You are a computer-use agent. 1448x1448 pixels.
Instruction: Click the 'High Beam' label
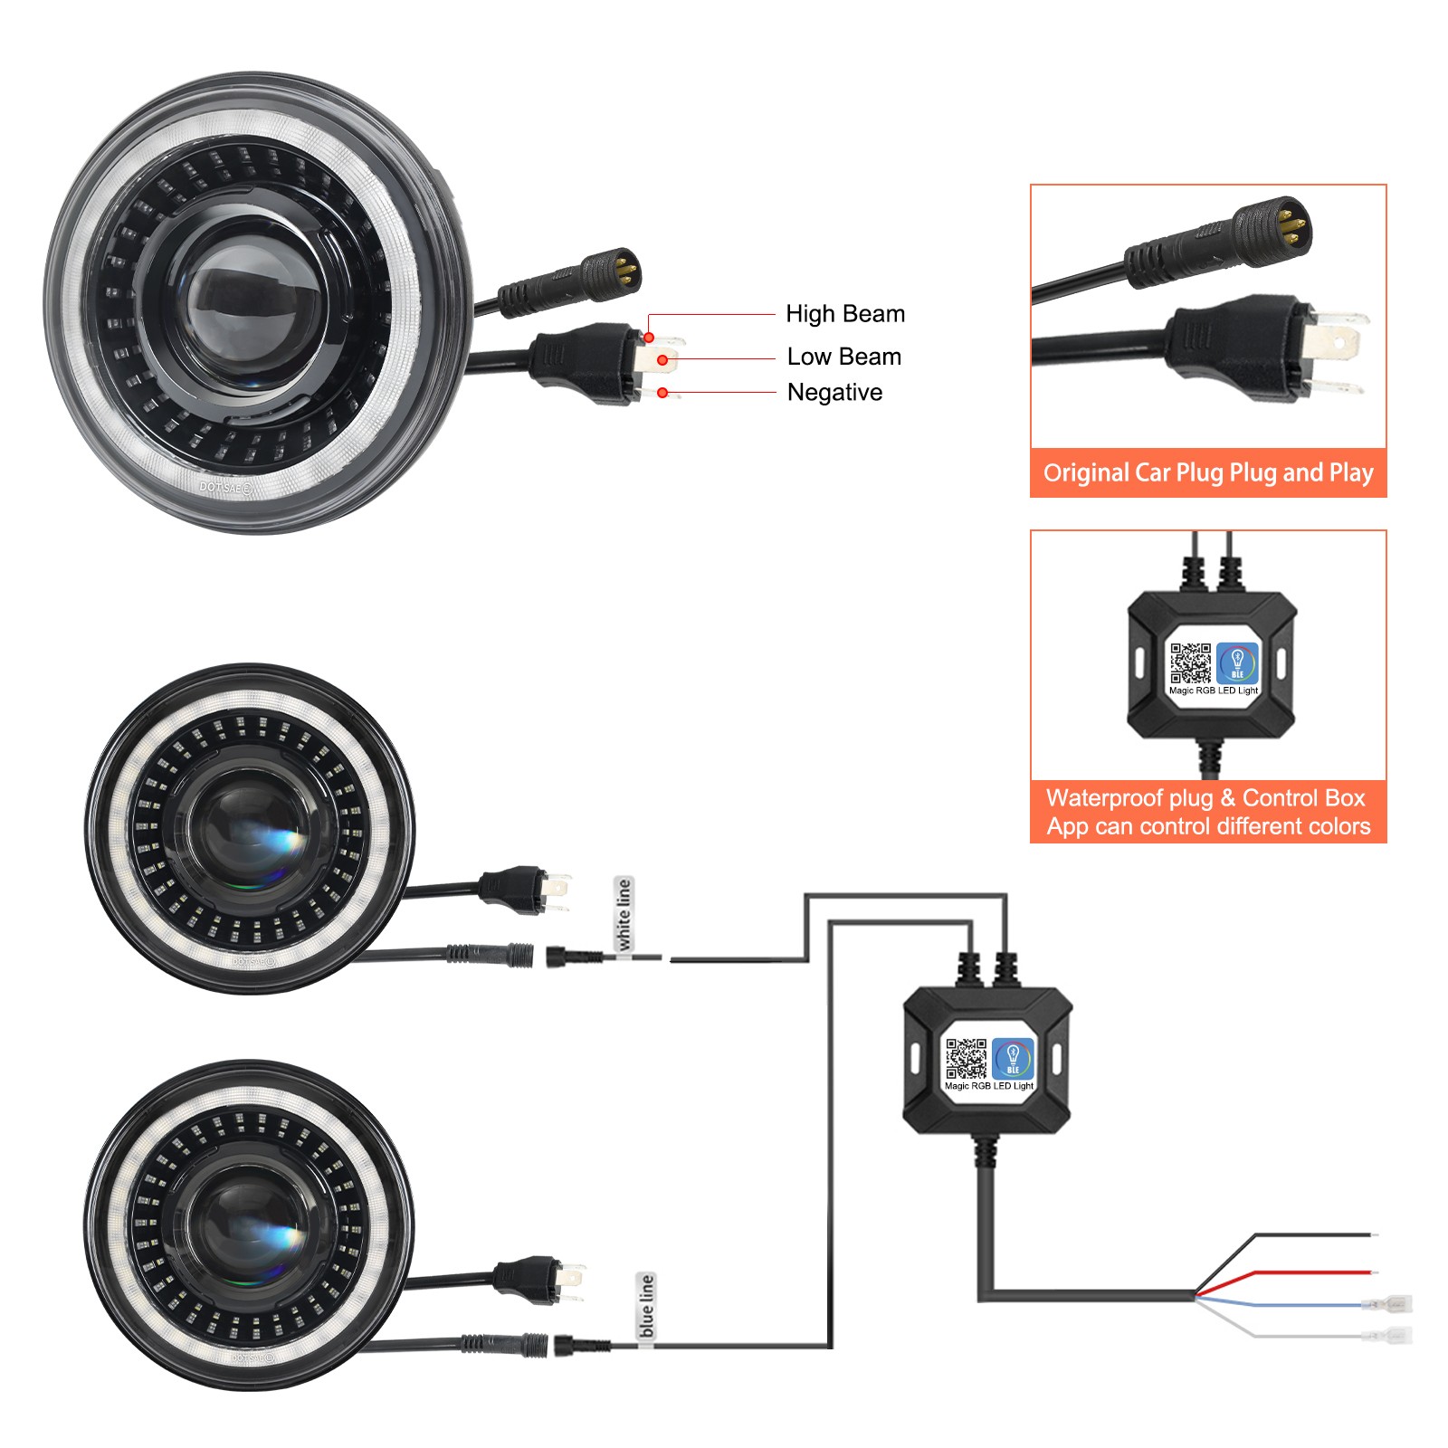844,314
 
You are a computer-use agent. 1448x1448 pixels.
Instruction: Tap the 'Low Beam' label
843,357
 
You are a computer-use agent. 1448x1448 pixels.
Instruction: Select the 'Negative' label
834,392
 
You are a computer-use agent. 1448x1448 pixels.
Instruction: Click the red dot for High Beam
649,338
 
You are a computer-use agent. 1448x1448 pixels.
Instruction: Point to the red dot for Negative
662,393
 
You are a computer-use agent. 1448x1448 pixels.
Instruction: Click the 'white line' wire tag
624,914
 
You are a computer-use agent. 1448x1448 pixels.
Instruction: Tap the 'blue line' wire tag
646,1306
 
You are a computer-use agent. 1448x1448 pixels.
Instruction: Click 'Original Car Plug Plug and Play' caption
1208,472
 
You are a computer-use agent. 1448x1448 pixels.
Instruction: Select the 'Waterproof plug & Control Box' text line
1205,797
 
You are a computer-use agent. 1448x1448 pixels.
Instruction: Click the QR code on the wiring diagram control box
967,1058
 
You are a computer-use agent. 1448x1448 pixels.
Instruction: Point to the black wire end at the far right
1372,1234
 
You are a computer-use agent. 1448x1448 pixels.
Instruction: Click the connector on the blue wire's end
1388,1305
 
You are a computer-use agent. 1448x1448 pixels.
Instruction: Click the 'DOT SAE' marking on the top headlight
225,487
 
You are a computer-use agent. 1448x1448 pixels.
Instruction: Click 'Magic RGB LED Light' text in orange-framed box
1213,691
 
